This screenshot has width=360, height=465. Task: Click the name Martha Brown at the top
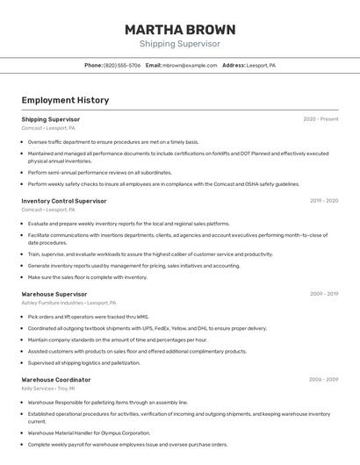click(180, 29)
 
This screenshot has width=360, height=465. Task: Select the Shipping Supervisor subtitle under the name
click(180, 44)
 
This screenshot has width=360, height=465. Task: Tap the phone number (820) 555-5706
click(122, 65)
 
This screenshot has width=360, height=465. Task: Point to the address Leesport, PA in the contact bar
click(261, 65)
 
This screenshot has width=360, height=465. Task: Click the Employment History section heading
click(65, 100)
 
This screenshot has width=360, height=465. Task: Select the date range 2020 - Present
click(320, 119)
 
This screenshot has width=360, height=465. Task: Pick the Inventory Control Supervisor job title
click(64, 201)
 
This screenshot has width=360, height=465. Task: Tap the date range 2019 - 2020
click(324, 201)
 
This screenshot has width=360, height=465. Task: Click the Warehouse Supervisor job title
click(54, 294)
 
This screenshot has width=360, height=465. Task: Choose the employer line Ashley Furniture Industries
click(68, 303)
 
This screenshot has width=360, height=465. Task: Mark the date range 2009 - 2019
click(324, 294)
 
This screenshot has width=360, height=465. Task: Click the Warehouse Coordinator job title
click(56, 380)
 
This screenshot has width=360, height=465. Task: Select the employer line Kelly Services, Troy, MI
click(48, 388)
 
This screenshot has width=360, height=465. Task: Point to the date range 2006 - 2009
click(324, 380)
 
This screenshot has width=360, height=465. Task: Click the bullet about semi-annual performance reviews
click(99, 173)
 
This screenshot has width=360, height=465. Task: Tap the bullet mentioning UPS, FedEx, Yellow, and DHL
click(147, 328)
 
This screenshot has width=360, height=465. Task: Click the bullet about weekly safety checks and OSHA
click(163, 184)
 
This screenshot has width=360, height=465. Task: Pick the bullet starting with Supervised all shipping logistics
click(83, 362)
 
